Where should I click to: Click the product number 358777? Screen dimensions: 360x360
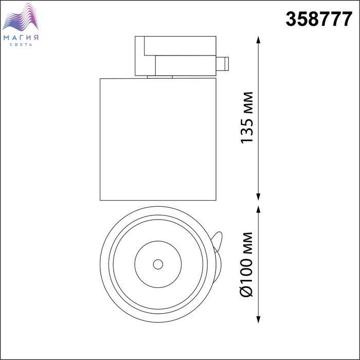319,20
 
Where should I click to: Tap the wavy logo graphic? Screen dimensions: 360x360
21,17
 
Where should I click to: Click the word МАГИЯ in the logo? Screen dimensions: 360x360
21,38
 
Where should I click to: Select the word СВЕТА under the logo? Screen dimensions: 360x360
21,45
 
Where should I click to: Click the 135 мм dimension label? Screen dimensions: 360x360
247,118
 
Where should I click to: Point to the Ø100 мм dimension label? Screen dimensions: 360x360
247,264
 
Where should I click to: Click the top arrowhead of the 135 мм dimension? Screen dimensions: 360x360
258,40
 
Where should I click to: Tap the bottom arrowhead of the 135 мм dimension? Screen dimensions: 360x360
258,197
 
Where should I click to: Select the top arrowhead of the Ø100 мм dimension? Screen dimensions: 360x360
258,209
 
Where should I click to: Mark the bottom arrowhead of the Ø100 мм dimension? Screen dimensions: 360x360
258,319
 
